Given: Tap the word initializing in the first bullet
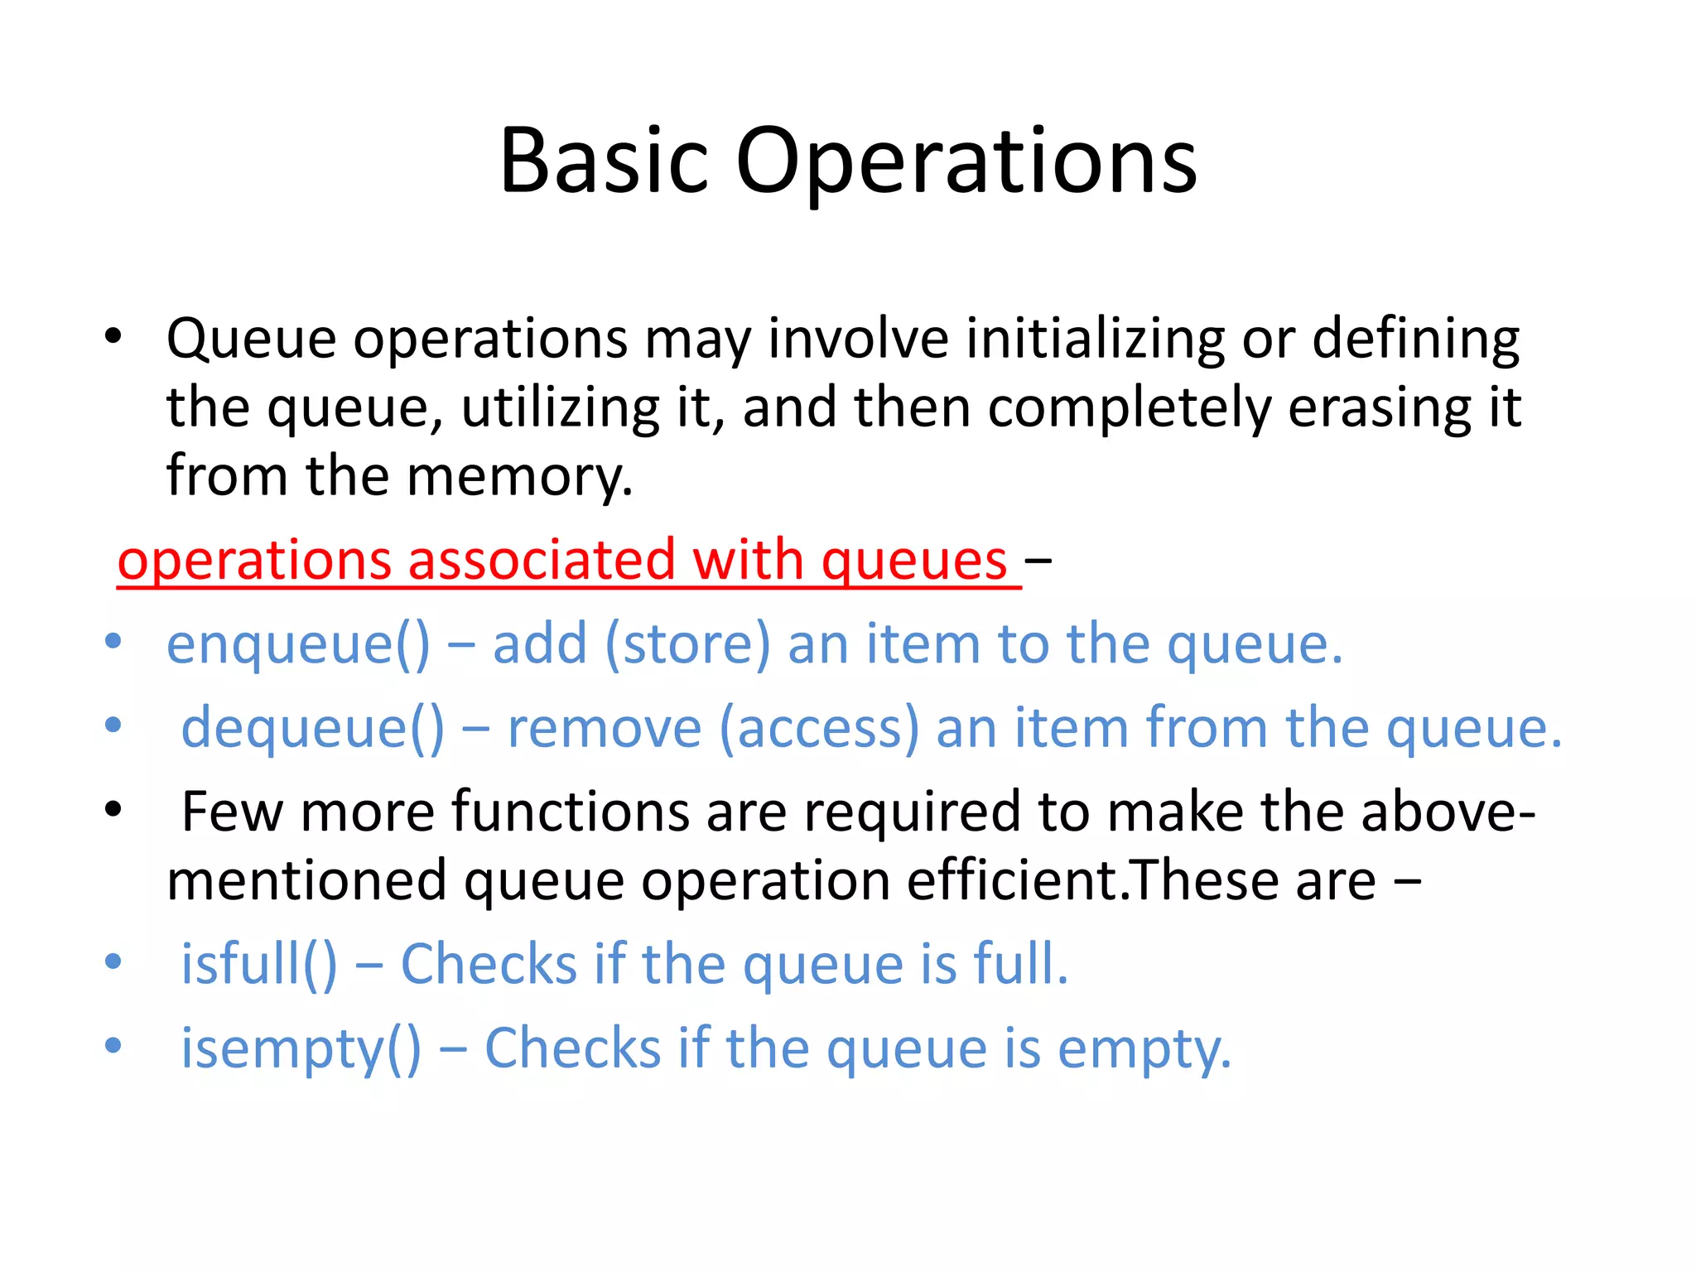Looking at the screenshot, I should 1096,339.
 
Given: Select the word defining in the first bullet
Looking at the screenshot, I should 1416,339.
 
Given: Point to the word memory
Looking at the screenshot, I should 519,477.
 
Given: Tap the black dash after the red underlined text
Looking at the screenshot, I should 1038,561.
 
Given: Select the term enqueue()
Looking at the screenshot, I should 298,644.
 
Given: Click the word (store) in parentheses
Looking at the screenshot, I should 687,644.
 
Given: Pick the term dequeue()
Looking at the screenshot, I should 313,728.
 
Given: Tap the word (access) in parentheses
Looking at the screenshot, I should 819,728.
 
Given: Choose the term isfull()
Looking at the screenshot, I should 259,964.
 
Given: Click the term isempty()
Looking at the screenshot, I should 301,1048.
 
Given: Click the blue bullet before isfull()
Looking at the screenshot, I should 113,962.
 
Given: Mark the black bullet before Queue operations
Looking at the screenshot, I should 113,336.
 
